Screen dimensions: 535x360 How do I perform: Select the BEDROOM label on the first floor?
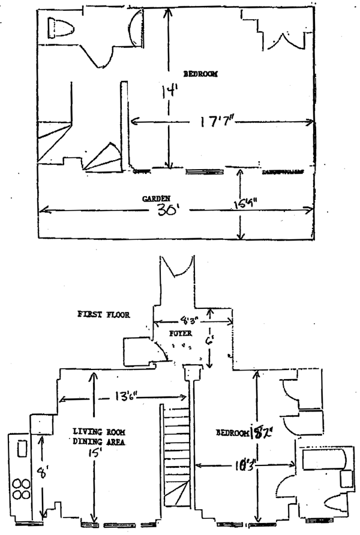point(232,434)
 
